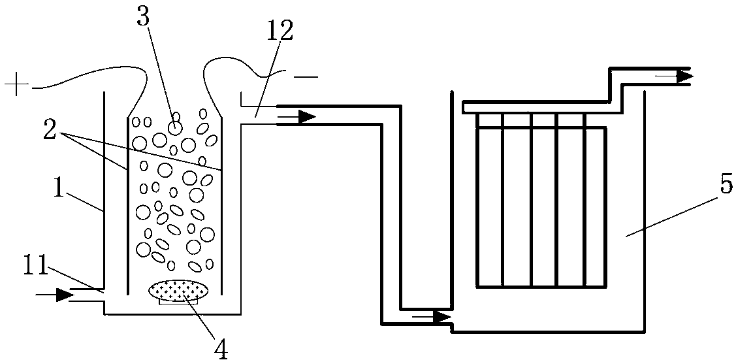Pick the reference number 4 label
221,346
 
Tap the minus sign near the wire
306,77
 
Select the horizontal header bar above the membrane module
536,106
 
